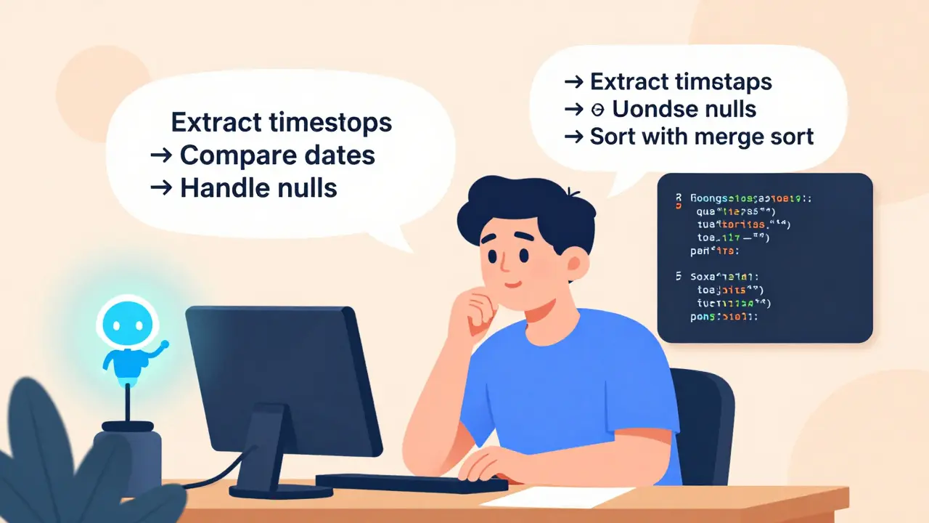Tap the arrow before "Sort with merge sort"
pos(574,137)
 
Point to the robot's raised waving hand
pos(164,345)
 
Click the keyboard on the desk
pos(412,483)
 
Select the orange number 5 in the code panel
pos(677,276)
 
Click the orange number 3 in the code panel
pos(677,198)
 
